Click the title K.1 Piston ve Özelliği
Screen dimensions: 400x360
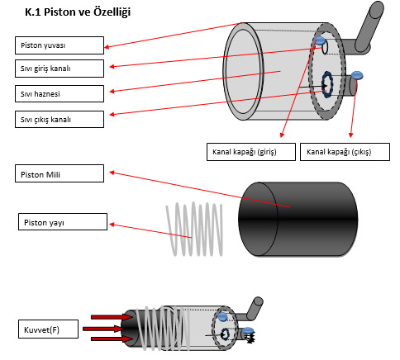point(78,12)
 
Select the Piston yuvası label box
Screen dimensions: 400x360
point(60,45)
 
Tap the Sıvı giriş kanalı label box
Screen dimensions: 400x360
point(60,69)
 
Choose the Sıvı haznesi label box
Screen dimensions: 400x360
point(60,94)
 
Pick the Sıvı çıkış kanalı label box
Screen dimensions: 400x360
point(60,120)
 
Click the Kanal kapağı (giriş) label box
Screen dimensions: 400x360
point(251,152)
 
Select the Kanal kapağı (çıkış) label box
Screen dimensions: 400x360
point(345,152)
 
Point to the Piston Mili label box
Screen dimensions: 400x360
point(60,173)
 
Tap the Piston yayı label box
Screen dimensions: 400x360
point(63,222)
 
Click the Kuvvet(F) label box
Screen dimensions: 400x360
point(48,329)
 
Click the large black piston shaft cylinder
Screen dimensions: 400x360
point(298,220)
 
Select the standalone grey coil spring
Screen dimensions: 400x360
point(194,229)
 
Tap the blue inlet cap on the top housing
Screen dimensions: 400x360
point(320,40)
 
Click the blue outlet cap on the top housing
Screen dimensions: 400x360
point(357,75)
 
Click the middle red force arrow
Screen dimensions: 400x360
point(103,329)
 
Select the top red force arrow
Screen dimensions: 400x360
point(112,317)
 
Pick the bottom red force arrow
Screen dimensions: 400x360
point(112,339)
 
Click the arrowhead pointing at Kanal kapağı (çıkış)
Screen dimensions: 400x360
point(350,135)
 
